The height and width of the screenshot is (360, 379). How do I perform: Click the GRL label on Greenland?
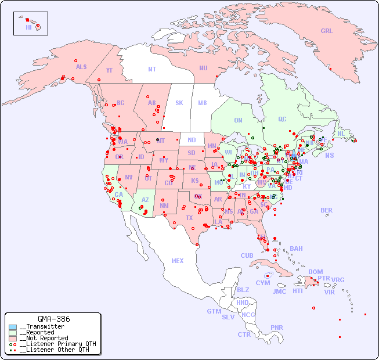pyautogui.click(x=327, y=31)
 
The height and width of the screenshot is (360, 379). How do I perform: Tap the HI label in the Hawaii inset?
pyautogui.click(x=28, y=27)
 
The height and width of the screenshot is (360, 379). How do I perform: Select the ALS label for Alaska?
pyautogui.click(x=81, y=67)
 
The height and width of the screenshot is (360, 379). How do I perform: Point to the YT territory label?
pyautogui.click(x=109, y=70)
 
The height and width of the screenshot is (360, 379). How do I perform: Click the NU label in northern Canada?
pyautogui.click(x=203, y=68)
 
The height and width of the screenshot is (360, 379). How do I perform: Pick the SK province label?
pyautogui.click(x=179, y=103)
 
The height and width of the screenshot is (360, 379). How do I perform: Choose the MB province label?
pyautogui.click(x=203, y=103)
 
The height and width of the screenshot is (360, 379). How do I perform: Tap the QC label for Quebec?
pyautogui.click(x=282, y=119)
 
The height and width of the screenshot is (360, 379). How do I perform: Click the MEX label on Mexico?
pyautogui.click(x=178, y=261)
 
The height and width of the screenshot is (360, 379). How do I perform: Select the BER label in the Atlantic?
pyautogui.click(x=327, y=210)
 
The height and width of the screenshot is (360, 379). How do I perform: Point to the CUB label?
pyautogui.click(x=247, y=255)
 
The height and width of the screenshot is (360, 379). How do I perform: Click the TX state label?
pyautogui.click(x=189, y=218)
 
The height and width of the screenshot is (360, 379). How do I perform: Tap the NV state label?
pyautogui.click(x=128, y=177)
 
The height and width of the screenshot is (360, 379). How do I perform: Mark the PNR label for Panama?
pyautogui.click(x=277, y=327)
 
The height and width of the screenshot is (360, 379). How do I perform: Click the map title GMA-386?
pyautogui.click(x=53, y=319)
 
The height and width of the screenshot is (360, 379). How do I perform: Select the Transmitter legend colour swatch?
pyautogui.click(x=13, y=327)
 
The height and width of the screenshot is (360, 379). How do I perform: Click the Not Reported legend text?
pyautogui.click(x=44, y=338)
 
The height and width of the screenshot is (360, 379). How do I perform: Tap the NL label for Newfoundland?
pyautogui.click(x=341, y=133)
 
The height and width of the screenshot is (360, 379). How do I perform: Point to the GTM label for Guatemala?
pyautogui.click(x=214, y=311)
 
